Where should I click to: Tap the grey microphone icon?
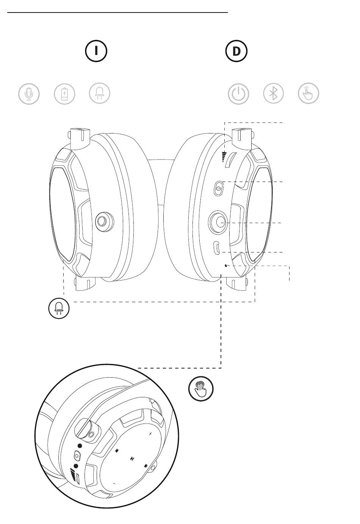click(29, 94)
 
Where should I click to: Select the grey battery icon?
click(65, 94)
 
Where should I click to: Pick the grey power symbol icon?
click(238, 94)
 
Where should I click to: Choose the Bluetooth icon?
click(274, 94)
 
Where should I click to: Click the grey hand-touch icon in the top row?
click(308, 94)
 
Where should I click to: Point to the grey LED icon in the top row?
click(100, 94)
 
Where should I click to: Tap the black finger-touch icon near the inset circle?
click(201, 389)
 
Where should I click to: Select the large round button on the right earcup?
click(218, 222)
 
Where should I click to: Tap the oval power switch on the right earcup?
click(218, 188)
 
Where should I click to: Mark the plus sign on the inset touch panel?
click(150, 433)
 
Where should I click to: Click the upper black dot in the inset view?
click(80, 446)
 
